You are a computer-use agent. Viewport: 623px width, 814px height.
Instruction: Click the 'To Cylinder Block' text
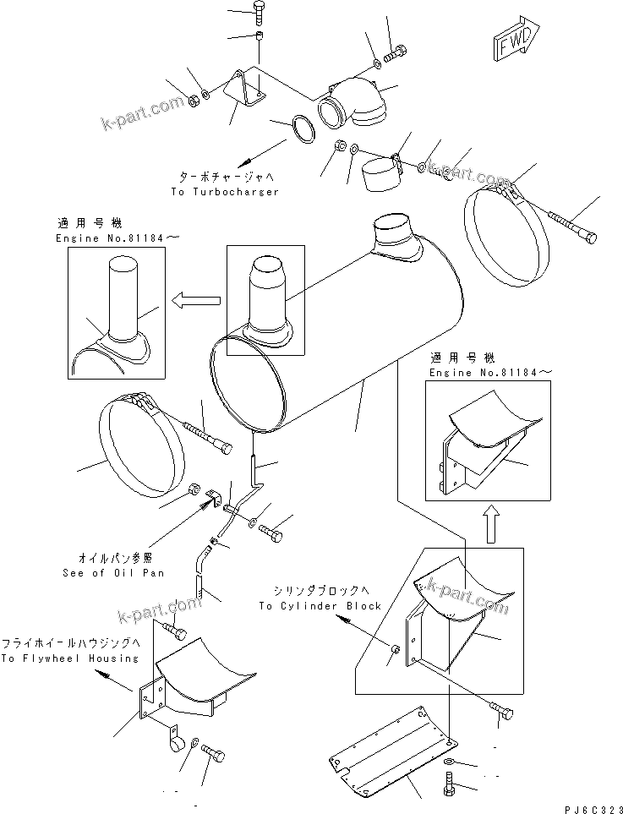pyautogui.click(x=320, y=605)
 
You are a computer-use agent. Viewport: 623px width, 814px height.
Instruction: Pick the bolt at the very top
pyautogui.click(x=259, y=11)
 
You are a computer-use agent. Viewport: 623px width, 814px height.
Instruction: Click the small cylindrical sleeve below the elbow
pyautogui.click(x=381, y=175)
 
